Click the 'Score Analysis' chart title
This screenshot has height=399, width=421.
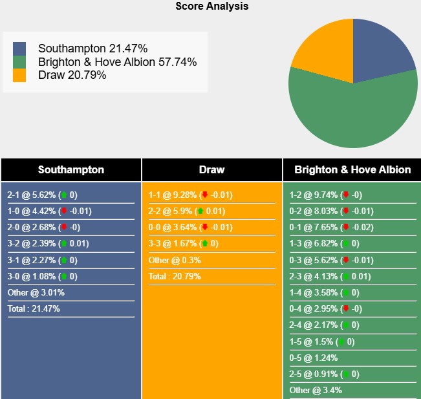[211, 6]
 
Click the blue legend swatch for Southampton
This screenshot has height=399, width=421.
[19, 49]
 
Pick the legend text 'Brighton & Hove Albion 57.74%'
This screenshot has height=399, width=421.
[117, 62]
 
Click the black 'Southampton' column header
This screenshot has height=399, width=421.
[71, 169]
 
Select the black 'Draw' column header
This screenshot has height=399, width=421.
[211, 169]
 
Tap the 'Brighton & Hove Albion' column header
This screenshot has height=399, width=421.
[352, 169]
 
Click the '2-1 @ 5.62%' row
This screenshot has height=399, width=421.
[43, 195]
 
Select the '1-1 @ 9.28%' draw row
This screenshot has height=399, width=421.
[190, 195]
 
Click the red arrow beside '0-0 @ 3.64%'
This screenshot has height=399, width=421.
[205, 227]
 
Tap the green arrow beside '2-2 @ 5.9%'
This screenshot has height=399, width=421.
[200, 211]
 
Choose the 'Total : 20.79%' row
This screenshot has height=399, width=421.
[175, 276]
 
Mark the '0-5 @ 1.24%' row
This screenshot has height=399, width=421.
[314, 358]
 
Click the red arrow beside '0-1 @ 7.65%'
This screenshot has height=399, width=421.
[346, 227]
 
